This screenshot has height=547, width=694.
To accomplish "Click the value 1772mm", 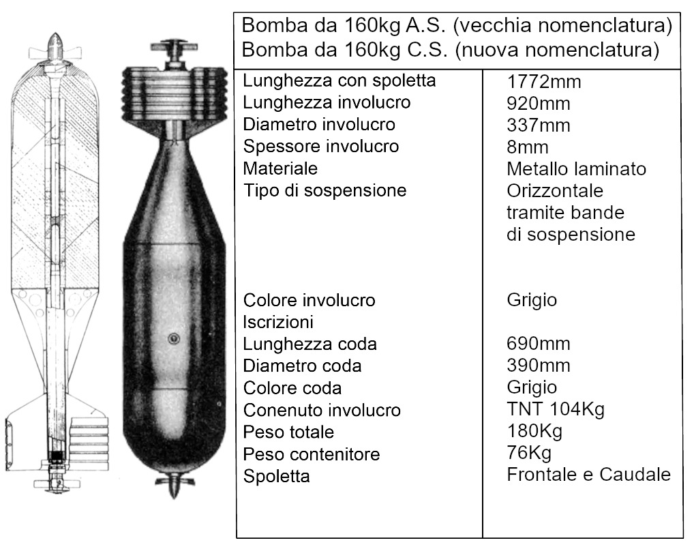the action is tap(543, 82).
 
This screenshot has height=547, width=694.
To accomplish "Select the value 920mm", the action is tap(538, 104).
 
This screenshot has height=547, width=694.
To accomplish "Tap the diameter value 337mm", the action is tap(538, 125).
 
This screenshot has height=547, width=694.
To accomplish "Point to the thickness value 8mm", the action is tap(528, 147).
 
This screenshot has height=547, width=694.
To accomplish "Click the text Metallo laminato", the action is tap(576, 168).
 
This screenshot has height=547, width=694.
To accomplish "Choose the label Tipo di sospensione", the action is tap(325, 190).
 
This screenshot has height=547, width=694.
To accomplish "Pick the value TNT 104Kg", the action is tap(556, 409).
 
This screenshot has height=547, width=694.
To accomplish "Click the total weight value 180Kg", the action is tap(534, 430).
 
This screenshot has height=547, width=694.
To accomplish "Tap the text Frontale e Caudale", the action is tap(588, 474).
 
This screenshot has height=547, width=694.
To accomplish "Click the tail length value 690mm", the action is tap(538, 344).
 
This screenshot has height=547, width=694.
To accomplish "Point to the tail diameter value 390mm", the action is tap(538, 366).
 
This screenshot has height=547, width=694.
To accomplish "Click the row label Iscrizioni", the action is tap(278, 322).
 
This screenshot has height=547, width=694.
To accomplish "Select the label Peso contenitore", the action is tap(311, 454).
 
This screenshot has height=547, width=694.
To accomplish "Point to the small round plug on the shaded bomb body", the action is tap(173, 339).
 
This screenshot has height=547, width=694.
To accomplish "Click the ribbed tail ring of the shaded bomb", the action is tap(174, 94).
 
